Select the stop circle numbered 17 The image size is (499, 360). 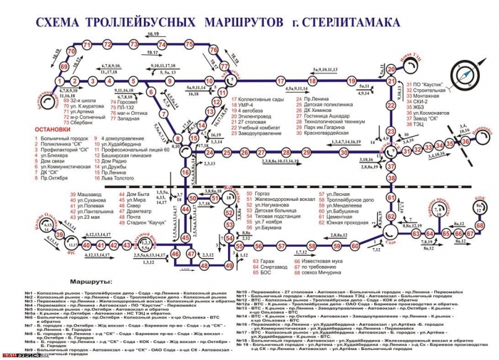point(281,81)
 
